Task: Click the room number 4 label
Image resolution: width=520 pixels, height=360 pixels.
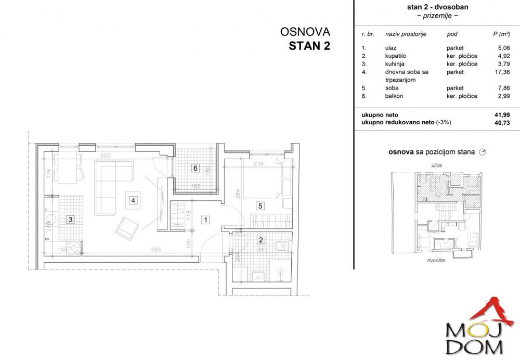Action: pos(134,200)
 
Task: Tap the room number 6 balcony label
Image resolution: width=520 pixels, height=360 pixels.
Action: pos(195,168)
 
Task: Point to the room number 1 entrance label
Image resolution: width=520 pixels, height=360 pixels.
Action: pos(206,220)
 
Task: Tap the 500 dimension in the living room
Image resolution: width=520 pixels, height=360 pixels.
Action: pos(106,156)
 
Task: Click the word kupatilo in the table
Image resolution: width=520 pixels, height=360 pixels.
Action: pos(396,56)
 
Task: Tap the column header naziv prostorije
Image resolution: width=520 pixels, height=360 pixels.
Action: pos(406,34)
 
